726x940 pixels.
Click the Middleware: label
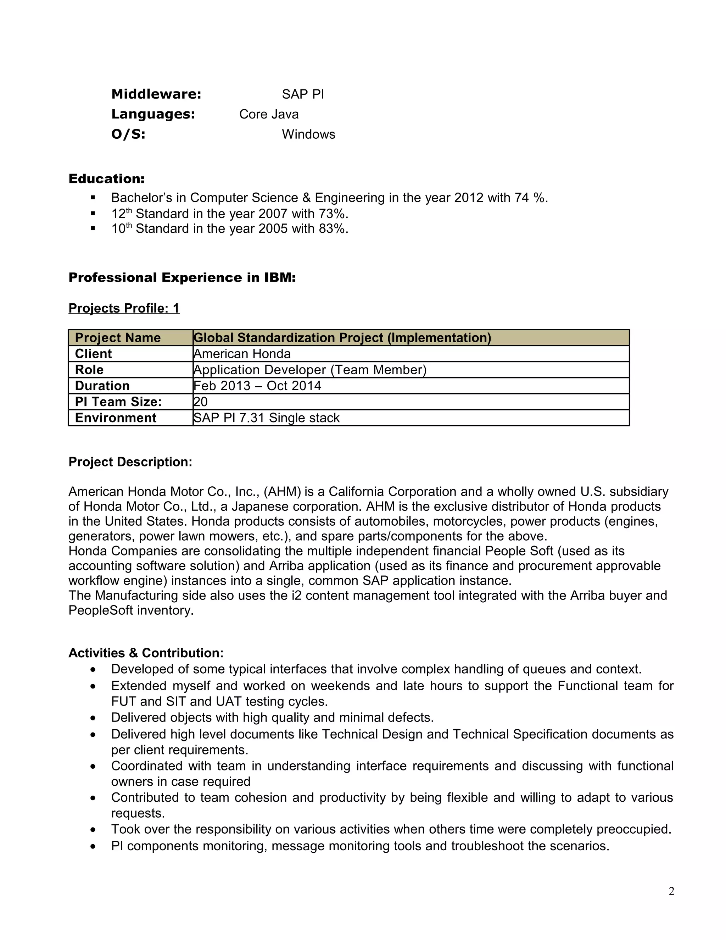(x=156, y=94)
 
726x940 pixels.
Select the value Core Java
(x=269, y=114)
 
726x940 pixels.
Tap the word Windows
(x=308, y=134)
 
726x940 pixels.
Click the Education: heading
(x=107, y=179)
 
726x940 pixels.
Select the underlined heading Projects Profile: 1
(x=124, y=308)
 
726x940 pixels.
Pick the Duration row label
(x=102, y=386)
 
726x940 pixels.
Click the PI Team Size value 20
(x=200, y=402)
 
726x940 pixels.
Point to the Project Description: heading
(x=130, y=462)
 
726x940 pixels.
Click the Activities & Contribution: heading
(x=146, y=653)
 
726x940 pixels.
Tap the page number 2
(x=671, y=891)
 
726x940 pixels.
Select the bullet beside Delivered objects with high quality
(x=93, y=718)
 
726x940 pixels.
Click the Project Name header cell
(x=117, y=338)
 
